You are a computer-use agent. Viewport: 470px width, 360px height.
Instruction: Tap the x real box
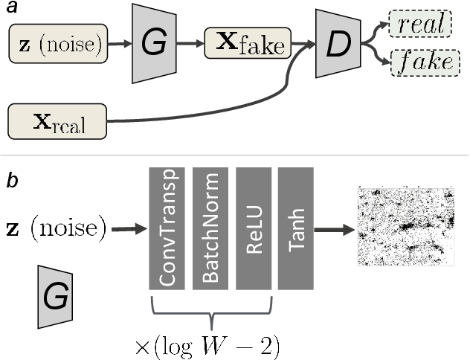[57, 122]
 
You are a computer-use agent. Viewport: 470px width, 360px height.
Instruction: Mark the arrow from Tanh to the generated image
[335, 228]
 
